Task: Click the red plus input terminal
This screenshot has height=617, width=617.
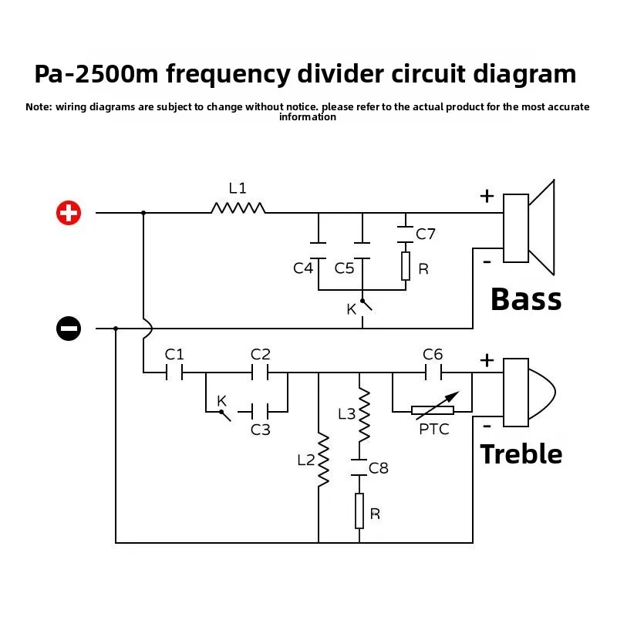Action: [69, 213]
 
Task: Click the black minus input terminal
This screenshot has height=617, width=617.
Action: [69, 329]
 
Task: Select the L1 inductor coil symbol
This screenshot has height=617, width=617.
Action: [238, 207]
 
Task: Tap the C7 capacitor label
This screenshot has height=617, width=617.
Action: [426, 234]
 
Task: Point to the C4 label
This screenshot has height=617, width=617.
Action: [303, 268]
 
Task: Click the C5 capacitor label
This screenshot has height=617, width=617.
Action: [344, 268]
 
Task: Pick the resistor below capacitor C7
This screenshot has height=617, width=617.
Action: [406, 266]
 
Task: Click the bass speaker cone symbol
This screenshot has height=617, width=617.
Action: [529, 228]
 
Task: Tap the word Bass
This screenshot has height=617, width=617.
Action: [526, 299]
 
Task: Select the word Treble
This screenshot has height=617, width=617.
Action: [521, 453]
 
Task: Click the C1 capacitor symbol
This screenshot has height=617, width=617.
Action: [174, 373]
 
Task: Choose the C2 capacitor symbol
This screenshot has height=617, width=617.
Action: [260, 373]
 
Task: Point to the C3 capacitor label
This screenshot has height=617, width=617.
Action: [261, 430]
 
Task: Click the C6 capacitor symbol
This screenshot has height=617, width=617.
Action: [433, 373]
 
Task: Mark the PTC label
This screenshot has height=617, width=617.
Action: [434, 430]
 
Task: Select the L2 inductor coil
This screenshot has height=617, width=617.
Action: [323, 460]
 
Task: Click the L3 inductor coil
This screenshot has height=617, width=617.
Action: [364, 415]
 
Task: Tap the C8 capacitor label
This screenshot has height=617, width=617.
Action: [379, 468]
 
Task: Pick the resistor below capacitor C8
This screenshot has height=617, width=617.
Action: [359, 511]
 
